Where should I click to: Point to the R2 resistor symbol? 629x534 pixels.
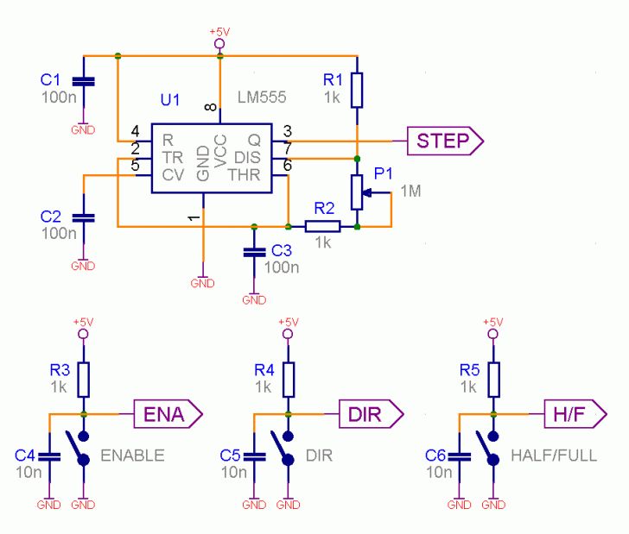[x=322, y=227]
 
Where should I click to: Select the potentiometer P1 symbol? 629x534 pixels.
[x=356, y=192]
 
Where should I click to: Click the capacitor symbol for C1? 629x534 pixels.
[x=83, y=82]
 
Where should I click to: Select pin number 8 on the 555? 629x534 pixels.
[x=211, y=107]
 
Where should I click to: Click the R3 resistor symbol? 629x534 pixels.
[x=83, y=378]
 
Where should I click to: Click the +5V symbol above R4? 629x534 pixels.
[x=288, y=325]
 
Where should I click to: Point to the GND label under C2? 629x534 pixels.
[x=83, y=266]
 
